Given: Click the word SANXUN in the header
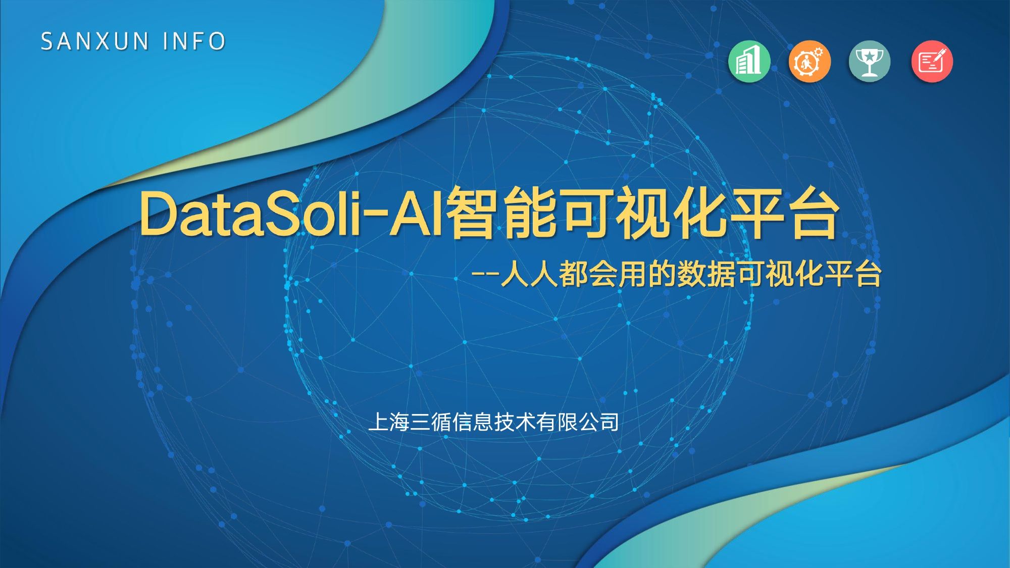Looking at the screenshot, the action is (94, 41).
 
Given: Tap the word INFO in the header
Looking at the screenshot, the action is (194, 41).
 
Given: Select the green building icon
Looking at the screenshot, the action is (749, 61).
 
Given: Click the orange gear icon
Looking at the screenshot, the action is (810, 61).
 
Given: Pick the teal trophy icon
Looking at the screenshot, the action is (870, 61).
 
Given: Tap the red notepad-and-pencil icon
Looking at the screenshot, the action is (932, 61).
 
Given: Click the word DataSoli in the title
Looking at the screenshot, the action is (250, 213).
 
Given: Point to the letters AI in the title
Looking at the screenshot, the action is (417, 213).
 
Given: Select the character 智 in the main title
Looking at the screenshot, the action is (471, 213).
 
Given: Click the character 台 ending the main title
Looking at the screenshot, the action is (815, 213).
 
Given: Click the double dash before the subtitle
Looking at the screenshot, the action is (485, 275).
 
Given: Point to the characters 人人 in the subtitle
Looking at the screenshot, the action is (529, 274).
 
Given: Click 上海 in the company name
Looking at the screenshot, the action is (389, 422).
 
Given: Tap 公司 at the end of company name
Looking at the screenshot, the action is (599, 422).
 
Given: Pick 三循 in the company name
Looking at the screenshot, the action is (431, 422).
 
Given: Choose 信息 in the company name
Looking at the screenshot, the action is (473, 422).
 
